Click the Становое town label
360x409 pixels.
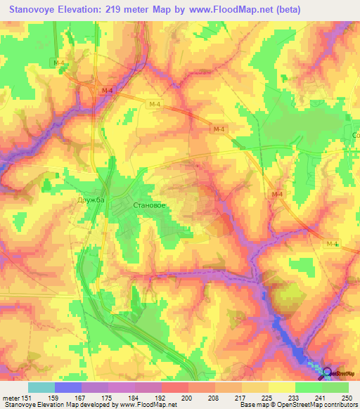click(149, 205)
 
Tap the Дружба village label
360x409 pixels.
click(90, 201)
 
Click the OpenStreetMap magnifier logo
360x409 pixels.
click(328, 372)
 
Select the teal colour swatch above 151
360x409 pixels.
click(41, 387)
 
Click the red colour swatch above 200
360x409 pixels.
click(175, 387)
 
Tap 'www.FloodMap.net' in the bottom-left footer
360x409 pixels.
click(146, 405)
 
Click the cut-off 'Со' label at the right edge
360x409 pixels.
click(355, 134)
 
